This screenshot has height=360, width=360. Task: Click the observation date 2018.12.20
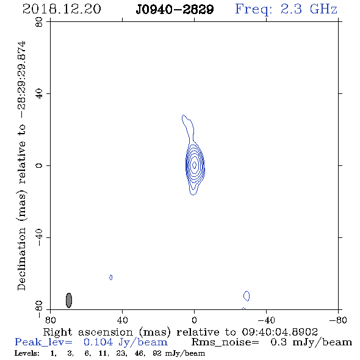pyautogui.click(x=62, y=9)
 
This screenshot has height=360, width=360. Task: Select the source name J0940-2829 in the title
pyautogui.click(x=175, y=9)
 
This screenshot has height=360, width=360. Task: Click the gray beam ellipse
pyautogui.click(x=69, y=300)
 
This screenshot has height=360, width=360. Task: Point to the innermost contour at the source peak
pyautogui.click(x=194, y=165)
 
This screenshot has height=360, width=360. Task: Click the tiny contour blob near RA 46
pyautogui.click(x=111, y=278)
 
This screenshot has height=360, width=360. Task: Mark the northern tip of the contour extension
pyautogui.click(x=183, y=115)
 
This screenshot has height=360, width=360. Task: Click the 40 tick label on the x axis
pyautogui.click(x=122, y=320)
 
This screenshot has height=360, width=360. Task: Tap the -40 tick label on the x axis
pyautogui.click(x=266, y=320)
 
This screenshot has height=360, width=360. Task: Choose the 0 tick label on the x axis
pyautogui.click(x=194, y=320)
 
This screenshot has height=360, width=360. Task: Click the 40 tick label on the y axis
pyautogui.click(x=39, y=94)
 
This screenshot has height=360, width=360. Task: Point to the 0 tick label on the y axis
pyautogui.click(x=39, y=165)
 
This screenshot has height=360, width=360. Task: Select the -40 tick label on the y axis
pyautogui.click(x=39, y=237)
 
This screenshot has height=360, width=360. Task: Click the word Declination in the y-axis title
pyautogui.click(x=21, y=259)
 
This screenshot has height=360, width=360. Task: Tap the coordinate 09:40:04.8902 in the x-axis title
pyautogui.click(x=280, y=332)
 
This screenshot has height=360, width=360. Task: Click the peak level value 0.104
pyautogui.click(x=98, y=342)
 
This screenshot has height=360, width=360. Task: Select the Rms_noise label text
pyautogui.click(x=225, y=342)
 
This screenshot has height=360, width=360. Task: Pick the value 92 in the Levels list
pyautogui.click(x=157, y=353)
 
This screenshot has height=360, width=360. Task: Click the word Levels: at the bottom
pyautogui.click(x=27, y=353)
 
